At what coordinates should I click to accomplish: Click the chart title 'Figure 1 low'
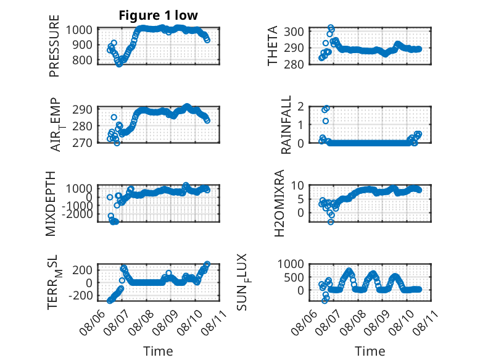click(159, 15)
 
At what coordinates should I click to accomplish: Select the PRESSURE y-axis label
click(54, 46)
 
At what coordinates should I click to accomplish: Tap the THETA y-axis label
click(272, 46)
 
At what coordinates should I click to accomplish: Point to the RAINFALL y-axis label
click(286, 125)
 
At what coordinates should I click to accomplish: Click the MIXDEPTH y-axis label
click(51, 204)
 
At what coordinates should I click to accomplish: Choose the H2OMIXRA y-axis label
click(279, 203)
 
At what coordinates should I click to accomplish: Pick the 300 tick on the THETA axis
click(294, 31)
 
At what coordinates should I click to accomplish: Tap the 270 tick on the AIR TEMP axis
click(82, 143)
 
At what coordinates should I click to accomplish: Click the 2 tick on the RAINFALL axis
click(300, 107)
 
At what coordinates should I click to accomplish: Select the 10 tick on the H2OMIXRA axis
click(297, 185)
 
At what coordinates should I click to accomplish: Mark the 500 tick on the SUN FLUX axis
click(294, 278)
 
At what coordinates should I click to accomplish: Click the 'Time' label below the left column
click(158, 351)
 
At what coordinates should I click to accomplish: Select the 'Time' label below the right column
click(370, 351)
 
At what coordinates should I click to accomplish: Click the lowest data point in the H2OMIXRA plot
click(331, 222)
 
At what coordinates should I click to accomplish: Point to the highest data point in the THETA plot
click(331, 28)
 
